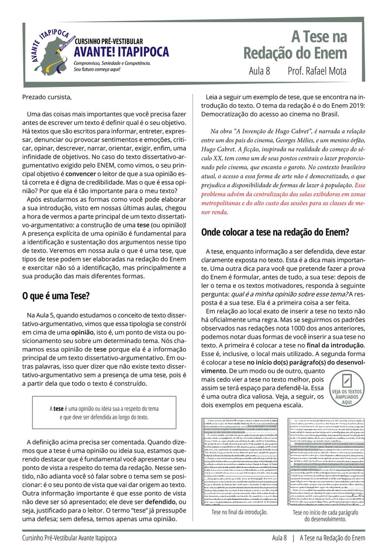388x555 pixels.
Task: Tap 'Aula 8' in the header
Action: coord(260,71)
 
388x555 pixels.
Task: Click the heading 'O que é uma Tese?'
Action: coord(56,296)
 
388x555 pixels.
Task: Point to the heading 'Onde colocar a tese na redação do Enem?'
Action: coord(275,233)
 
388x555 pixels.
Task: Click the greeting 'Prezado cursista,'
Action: coord(47,97)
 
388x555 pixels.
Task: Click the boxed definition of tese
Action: coord(104,413)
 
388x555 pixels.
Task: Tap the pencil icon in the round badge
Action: coord(347,380)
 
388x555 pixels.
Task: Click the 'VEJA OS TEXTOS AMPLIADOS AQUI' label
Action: coord(347,397)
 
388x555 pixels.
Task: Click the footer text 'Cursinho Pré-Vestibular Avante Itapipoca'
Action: coord(69,538)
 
